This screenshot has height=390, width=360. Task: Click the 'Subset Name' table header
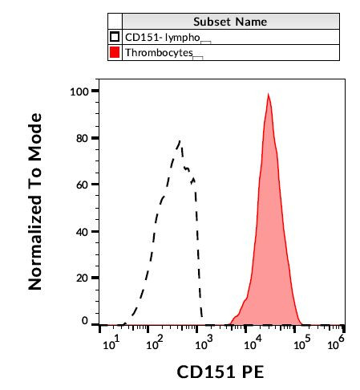pos(229,22)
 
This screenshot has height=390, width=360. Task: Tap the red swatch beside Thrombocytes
pos(115,52)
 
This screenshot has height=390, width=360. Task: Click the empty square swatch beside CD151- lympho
pos(115,37)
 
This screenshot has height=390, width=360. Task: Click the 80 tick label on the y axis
pos(81,138)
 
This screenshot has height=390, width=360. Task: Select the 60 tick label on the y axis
pos(81,185)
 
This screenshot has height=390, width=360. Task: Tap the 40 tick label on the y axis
pos(81,231)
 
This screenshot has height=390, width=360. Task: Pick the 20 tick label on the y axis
pos(81,278)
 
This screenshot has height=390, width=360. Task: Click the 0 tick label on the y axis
pos(84,321)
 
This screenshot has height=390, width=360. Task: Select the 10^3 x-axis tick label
pos(204,343)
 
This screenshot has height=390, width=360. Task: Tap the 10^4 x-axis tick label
pos(253,343)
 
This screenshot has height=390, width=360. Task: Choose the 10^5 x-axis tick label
pos(301,343)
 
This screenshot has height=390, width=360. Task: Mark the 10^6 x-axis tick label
pos(338,343)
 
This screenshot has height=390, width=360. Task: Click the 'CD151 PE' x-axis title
pos(220,372)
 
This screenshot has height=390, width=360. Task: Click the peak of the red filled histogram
pos(268,95)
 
